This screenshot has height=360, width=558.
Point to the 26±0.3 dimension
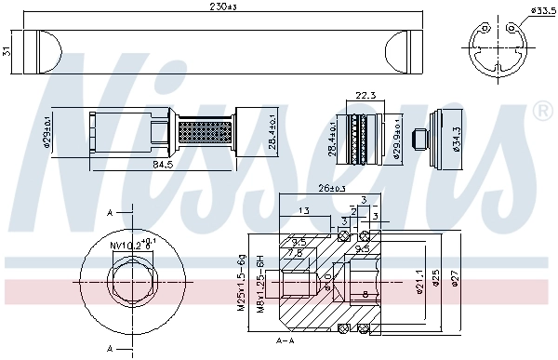point(330,189)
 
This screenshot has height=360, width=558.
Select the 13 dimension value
point(306,211)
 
